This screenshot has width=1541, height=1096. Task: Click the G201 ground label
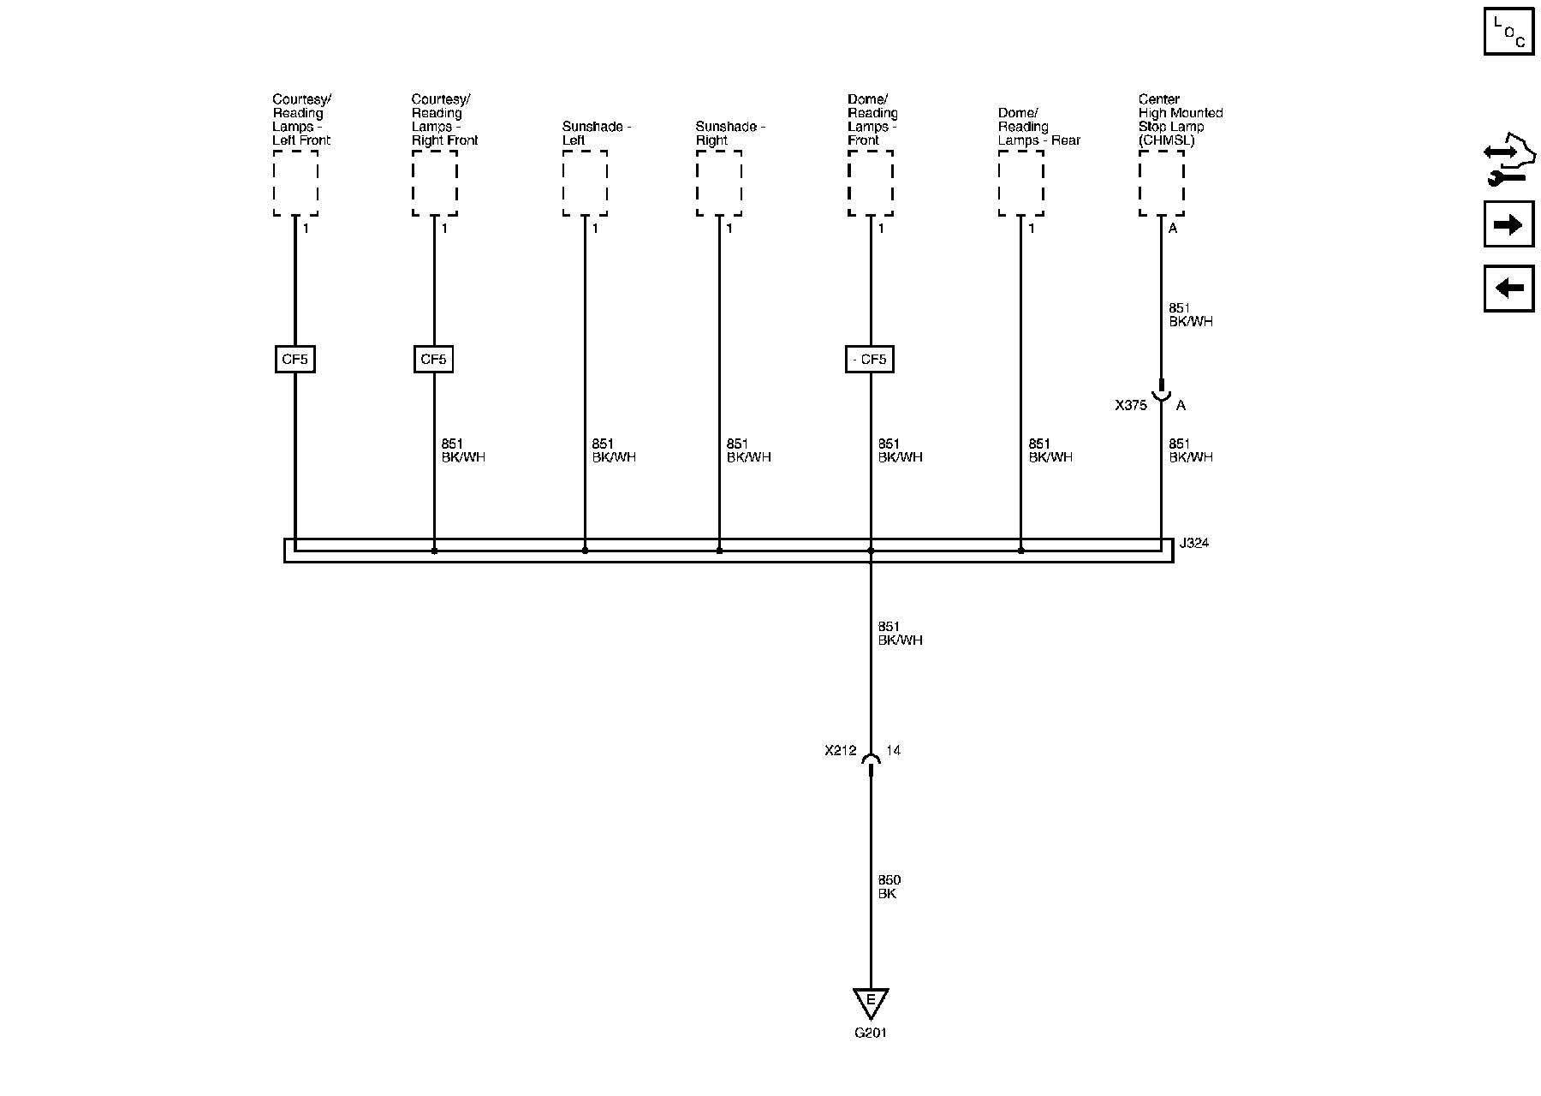[870, 1033]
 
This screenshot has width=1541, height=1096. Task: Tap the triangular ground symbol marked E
[871, 1002]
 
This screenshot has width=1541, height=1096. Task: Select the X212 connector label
[840, 751]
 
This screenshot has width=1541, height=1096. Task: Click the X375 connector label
[1130, 406]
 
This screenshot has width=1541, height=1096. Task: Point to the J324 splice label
[1193, 544]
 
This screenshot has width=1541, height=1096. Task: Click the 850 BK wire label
[889, 887]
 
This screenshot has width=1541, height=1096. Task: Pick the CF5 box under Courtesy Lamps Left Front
[295, 360]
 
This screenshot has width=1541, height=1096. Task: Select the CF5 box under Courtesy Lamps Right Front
[433, 360]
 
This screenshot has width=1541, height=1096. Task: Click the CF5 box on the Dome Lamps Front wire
[870, 360]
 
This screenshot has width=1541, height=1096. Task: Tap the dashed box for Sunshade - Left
[585, 183]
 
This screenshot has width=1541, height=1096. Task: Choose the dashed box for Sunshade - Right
[719, 183]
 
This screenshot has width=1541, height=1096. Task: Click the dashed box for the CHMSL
[1161, 183]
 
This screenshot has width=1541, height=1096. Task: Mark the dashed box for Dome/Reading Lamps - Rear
[1020, 183]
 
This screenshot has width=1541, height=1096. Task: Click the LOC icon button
[1508, 33]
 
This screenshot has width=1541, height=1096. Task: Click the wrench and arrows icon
[1508, 164]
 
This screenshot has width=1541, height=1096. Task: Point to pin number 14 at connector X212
[893, 751]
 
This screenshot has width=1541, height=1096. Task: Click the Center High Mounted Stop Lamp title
[1180, 120]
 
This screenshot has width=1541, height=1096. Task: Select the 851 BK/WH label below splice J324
[900, 634]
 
